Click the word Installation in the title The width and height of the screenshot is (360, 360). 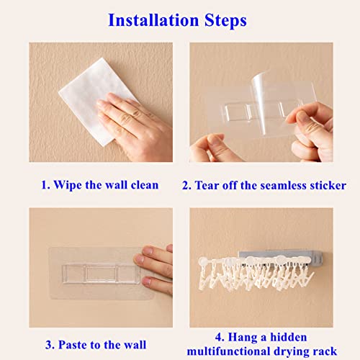(153, 20)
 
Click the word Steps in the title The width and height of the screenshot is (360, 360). (225, 21)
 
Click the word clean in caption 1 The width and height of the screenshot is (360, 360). (145, 185)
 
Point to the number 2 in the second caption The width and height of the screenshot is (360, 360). (186, 186)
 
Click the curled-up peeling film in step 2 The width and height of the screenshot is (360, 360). (261, 103)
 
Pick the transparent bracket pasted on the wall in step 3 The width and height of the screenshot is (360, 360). (102, 274)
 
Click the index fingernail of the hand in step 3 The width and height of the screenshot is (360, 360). (148, 251)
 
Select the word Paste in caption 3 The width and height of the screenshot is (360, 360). (73, 345)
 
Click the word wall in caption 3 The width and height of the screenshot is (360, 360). (135, 345)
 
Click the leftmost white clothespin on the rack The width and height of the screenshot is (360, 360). (204, 274)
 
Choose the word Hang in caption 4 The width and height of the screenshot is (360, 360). (243, 338)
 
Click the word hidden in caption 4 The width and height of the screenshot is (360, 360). (289, 337)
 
